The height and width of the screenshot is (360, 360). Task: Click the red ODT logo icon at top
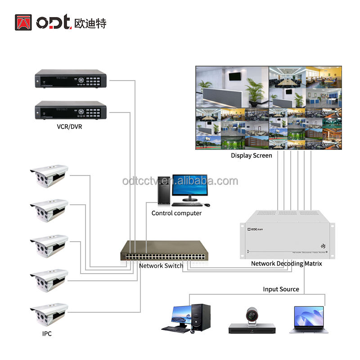[x=23, y=22]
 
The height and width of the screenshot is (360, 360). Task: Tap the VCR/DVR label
[x=69, y=126]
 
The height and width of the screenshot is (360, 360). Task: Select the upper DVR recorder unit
[x=71, y=79]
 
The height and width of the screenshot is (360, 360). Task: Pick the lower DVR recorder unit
[x=71, y=110]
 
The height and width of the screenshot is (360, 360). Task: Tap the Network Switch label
[x=161, y=266]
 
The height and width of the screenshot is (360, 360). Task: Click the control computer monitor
[x=189, y=186]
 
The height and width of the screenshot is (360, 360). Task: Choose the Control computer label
[x=176, y=213]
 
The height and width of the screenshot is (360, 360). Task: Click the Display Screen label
[x=252, y=156]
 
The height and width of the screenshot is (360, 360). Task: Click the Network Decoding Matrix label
[x=287, y=263]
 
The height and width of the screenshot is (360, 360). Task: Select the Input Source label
[x=281, y=289]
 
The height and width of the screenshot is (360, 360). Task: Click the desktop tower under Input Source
[x=201, y=318]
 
